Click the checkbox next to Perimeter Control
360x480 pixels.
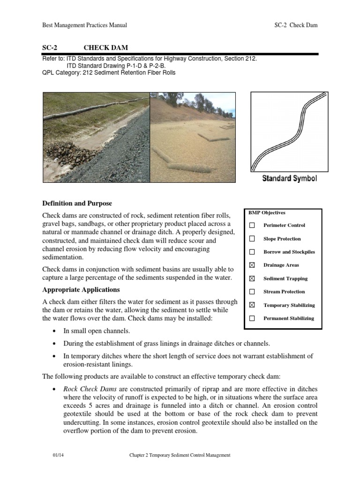(x=252, y=225)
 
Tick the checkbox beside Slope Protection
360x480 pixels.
(x=252, y=239)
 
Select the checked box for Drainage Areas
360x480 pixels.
(x=252, y=265)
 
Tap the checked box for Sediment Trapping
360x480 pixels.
(x=252, y=278)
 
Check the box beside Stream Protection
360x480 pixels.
(x=252, y=292)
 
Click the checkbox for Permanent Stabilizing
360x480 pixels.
(x=252, y=318)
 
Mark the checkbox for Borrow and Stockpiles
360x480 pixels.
(x=252, y=252)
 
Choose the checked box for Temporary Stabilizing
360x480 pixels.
(x=252, y=305)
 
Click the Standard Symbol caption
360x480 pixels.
(x=289, y=179)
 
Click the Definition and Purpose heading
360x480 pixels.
(x=77, y=203)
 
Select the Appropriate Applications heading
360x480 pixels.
(x=81, y=289)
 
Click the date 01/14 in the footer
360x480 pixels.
(x=57, y=455)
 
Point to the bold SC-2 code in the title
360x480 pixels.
(x=49, y=47)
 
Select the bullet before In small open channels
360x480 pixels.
(x=54, y=331)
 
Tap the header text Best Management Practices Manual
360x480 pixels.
(x=84, y=25)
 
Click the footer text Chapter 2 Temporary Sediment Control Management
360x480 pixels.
(x=180, y=455)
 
